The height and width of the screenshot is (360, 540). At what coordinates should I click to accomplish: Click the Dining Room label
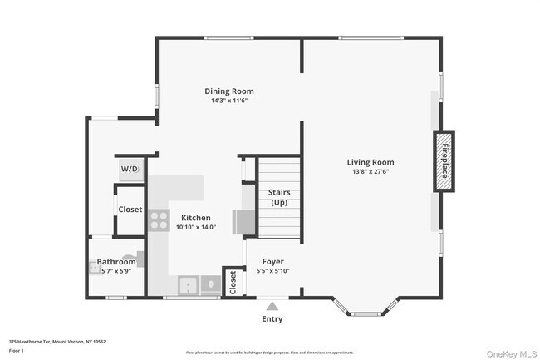229,91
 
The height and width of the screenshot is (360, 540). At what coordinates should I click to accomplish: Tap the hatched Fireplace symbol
444,161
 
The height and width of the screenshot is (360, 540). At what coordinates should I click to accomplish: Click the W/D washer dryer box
130,169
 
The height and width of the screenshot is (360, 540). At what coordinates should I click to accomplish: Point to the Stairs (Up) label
279,197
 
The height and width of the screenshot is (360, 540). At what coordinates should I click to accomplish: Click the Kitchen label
196,218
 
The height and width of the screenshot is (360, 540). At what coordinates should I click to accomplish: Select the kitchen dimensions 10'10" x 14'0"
196,227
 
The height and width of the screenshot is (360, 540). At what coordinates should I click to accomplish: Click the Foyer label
272,261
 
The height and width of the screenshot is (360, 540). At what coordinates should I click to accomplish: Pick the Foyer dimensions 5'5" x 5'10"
272,270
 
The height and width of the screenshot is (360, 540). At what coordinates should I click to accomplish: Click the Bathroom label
115,262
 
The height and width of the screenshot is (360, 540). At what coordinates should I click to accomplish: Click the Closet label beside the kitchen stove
130,210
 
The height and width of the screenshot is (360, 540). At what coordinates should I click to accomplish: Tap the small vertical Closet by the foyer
233,282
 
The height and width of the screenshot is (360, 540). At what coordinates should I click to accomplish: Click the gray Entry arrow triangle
272,306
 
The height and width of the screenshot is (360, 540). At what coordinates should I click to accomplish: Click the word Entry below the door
272,319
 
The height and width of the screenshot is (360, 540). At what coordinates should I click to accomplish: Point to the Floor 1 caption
17,351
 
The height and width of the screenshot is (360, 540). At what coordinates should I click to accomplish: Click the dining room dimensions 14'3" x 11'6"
229,101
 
